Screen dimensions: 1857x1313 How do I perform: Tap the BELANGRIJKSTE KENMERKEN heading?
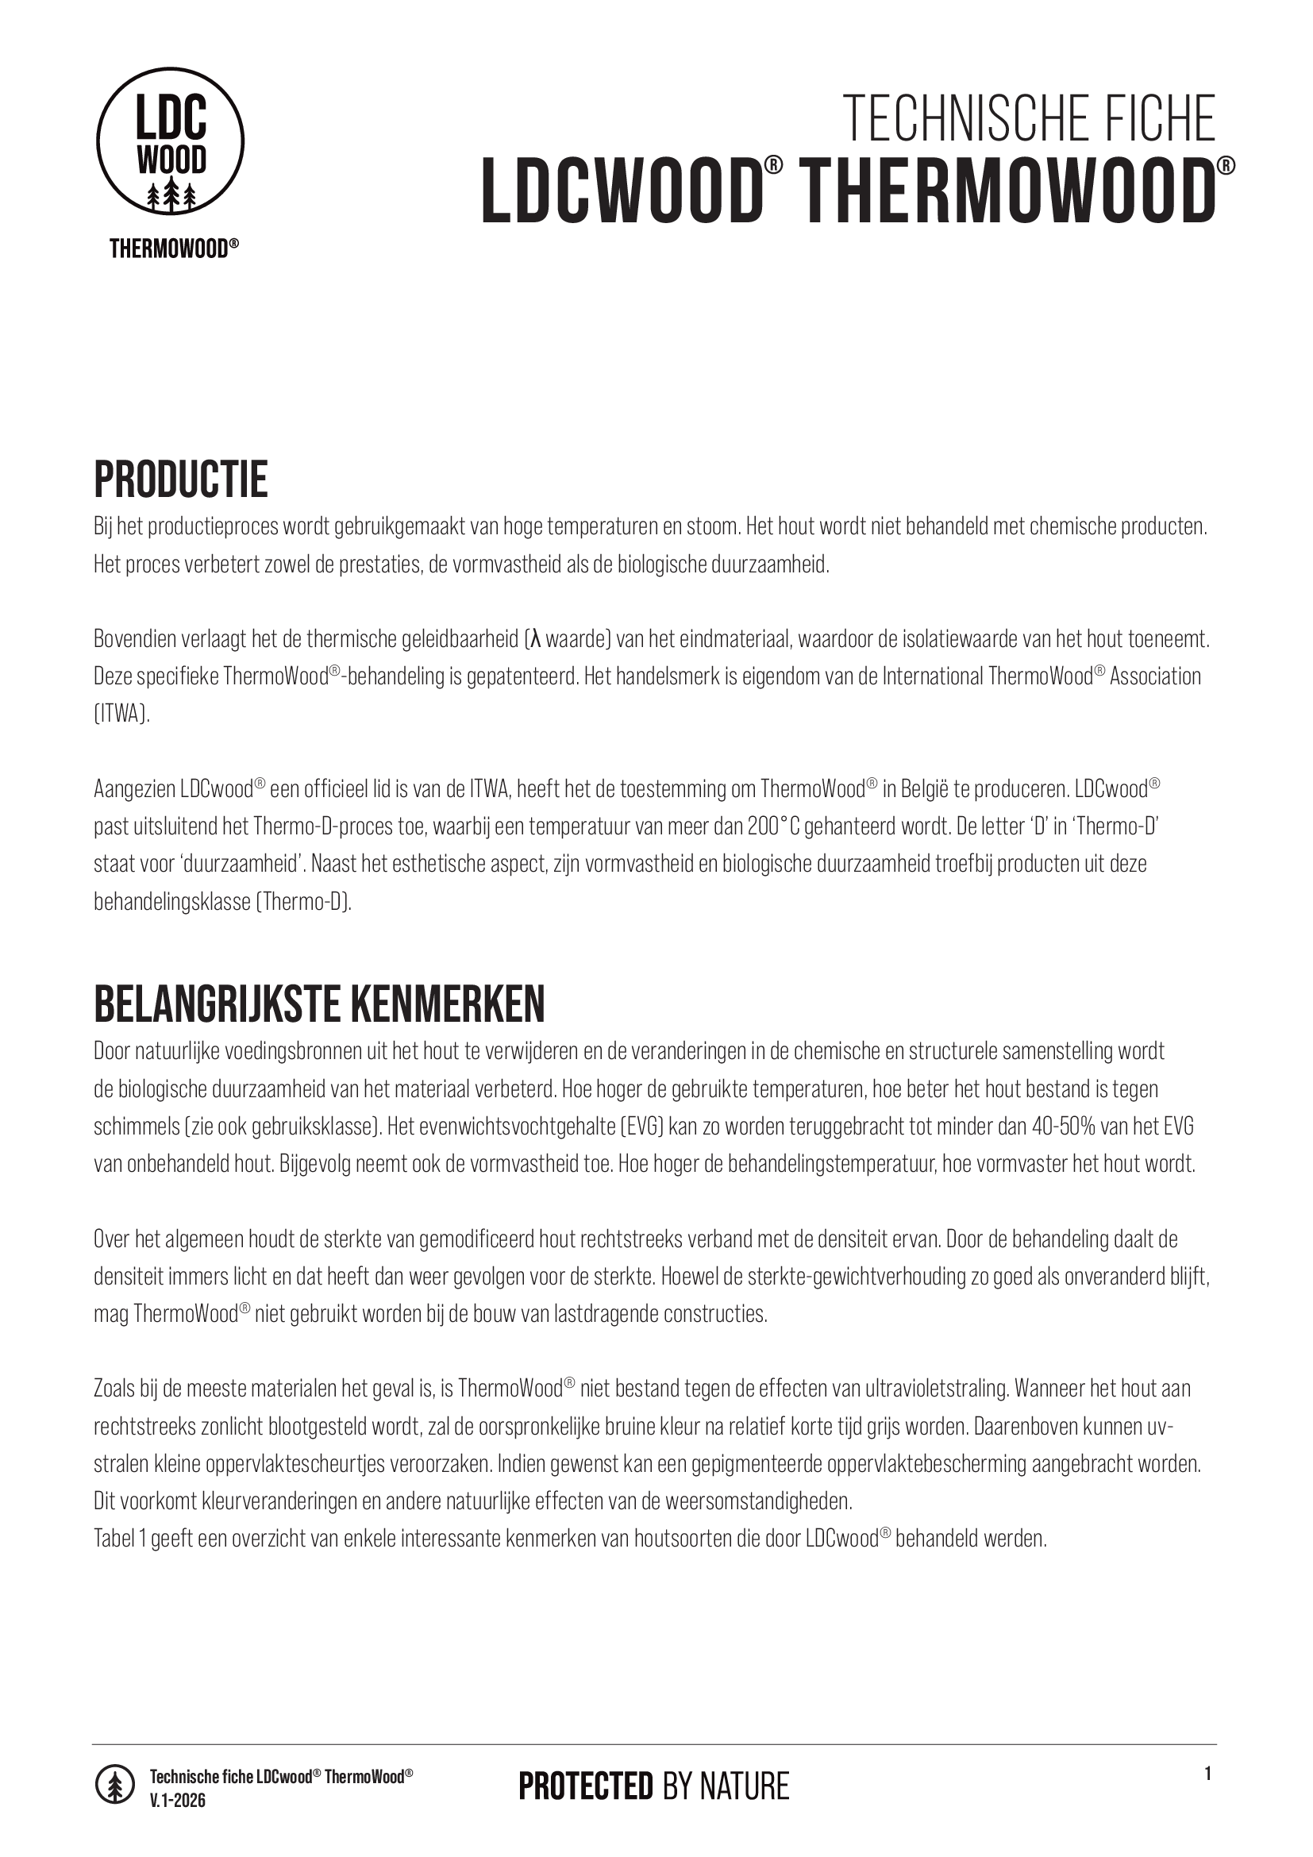click(x=319, y=1004)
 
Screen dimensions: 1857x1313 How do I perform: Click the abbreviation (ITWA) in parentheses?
click(x=121, y=715)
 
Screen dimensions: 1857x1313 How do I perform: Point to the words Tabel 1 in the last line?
click(x=120, y=1539)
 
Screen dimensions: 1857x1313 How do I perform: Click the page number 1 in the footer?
click(x=1208, y=1774)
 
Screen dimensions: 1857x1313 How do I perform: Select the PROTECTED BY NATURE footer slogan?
click(x=653, y=1786)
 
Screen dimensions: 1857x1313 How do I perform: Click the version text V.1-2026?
click(x=178, y=1800)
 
